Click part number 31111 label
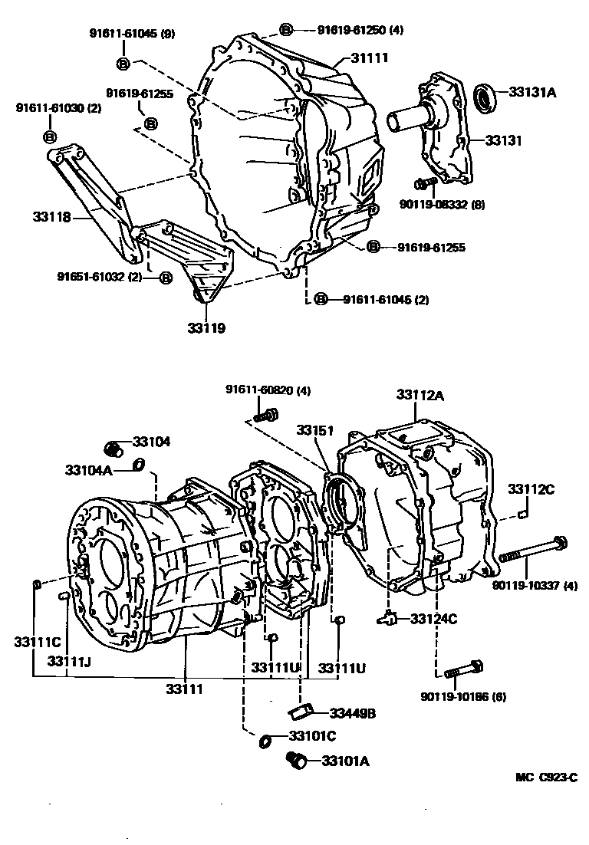pyautogui.click(x=370, y=58)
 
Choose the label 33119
pyautogui.click(x=207, y=328)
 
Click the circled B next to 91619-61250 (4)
pyautogui.click(x=285, y=30)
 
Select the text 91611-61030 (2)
pyautogui.click(x=58, y=108)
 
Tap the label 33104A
pyautogui.click(x=88, y=469)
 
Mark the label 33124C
pyautogui.click(x=433, y=618)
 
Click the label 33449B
pyautogui.click(x=353, y=713)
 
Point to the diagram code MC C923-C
pyautogui.click(x=546, y=777)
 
